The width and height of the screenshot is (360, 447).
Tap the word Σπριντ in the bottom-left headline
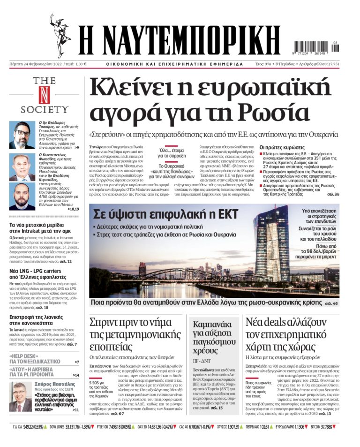click(109, 324)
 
